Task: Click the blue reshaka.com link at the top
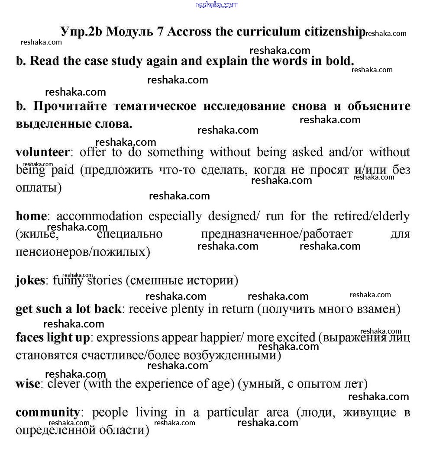click(216, 5)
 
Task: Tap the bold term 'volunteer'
click(42, 152)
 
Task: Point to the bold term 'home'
click(31, 216)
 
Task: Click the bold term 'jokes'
click(30, 280)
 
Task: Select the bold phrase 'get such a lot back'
click(68, 309)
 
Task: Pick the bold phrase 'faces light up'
click(53, 337)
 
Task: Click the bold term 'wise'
click(28, 384)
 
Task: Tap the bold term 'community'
click(48, 412)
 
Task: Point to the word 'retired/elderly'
click(372, 216)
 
